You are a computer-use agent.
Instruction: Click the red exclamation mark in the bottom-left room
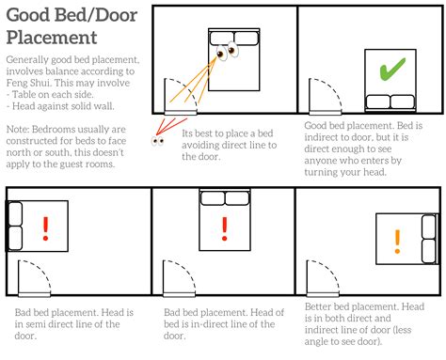[x=45, y=228]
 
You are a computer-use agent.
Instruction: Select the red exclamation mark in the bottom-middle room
[x=224, y=227]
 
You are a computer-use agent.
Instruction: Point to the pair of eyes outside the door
[x=157, y=142]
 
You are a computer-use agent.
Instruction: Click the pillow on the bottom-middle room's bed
[x=223, y=197]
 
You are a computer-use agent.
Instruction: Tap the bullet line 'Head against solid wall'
[x=60, y=106]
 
